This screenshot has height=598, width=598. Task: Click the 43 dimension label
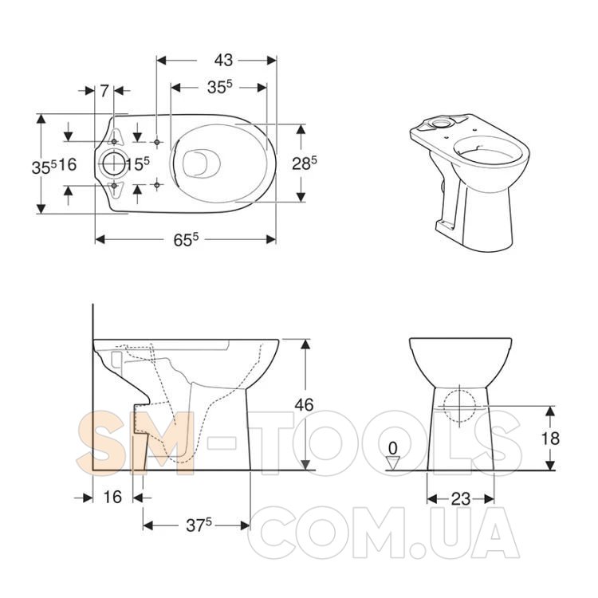click(223, 61)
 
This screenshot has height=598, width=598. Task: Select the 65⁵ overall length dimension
click(186, 239)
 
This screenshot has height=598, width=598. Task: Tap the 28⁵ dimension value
click(305, 163)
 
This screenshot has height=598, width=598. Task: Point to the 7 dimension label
click(104, 91)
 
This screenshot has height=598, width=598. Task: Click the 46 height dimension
click(304, 404)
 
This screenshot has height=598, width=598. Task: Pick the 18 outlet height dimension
click(550, 439)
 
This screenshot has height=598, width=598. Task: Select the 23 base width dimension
click(461, 498)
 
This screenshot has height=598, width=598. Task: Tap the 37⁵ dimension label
click(199, 525)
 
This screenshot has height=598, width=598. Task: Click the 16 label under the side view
click(112, 497)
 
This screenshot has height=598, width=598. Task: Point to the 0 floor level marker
click(392, 448)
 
